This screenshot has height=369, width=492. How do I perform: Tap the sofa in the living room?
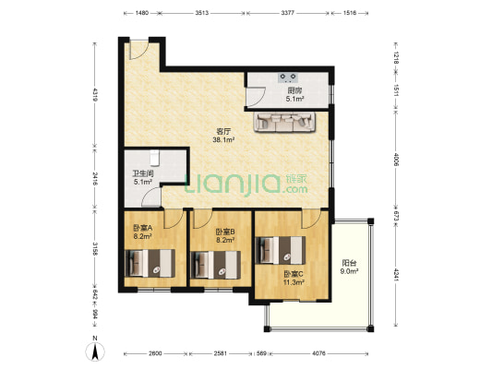click(x=284, y=122)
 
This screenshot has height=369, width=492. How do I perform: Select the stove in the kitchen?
click(x=288, y=77)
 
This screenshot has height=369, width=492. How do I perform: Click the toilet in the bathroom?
click(x=154, y=158)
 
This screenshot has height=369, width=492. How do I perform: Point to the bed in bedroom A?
click(x=150, y=263)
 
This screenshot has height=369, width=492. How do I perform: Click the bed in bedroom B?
click(x=216, y=265)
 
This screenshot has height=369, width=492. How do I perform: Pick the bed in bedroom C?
click(x=281, y=250)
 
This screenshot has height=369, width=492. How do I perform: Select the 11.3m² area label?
click(x=294, y=282)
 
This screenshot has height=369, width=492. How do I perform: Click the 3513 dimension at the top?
click(x=202, y=13)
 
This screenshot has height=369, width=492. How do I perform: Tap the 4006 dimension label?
click(x=396, y=160)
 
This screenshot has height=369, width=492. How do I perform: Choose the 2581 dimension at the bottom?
click(x=221, y=353)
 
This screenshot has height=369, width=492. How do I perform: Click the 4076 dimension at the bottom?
click(x=318, y=353)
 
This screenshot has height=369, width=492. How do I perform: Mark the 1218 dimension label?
click(x=396, y=58)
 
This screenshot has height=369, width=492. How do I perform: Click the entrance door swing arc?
click(x=140, y=54)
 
